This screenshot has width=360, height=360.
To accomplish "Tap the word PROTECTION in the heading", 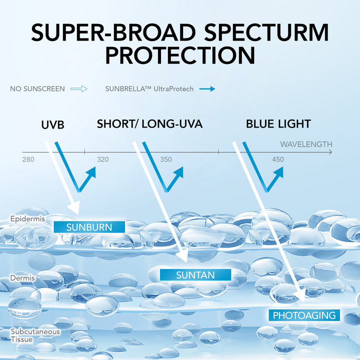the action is click(180, 55).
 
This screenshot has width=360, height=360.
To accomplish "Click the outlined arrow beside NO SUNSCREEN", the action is click(79, 89).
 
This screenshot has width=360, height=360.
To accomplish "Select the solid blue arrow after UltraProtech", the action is click(207, 89).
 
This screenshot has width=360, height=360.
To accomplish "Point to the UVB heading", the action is click(52, 125).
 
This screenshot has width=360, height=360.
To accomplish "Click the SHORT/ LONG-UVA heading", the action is click(149, 124).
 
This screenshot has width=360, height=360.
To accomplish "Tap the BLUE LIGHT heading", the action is click(278, 124).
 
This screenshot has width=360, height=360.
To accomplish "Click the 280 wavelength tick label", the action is click(28, 159).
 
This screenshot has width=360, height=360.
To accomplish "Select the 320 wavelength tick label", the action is click(102, 159).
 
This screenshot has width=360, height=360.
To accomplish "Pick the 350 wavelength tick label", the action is click(166, 159).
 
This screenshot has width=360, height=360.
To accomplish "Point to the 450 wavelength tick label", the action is click(278, 159).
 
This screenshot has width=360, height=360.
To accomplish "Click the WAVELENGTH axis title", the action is click(306, 144).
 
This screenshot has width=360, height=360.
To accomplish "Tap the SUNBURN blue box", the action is click(89, 227).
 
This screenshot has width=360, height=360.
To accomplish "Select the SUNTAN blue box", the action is click(195, 275).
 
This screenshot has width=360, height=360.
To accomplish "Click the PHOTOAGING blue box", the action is click(304, 315).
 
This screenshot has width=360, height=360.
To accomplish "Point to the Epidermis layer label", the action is click(27, 219).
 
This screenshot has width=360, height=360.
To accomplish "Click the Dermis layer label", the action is click(22, 278).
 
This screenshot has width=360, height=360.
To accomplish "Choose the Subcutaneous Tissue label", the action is click(35, 335).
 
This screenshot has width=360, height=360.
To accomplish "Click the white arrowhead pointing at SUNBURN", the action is click(74, 208).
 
